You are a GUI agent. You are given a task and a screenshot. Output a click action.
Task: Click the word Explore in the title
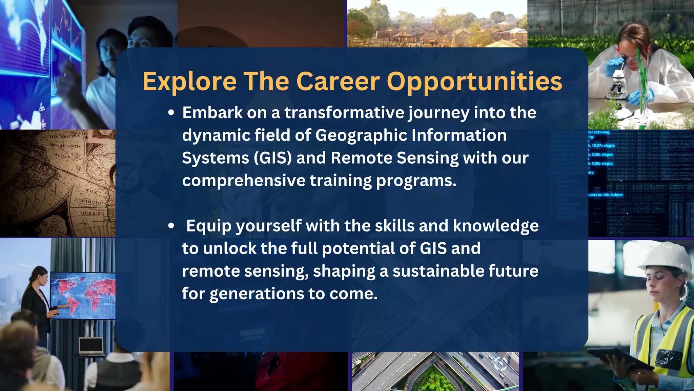(x=189, y=82)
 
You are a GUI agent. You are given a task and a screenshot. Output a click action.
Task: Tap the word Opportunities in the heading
(x=474, y=82)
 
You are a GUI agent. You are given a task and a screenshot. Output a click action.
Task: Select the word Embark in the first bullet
(x=212, y=113)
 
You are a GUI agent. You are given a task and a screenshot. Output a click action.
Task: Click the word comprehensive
(x=244, y=181)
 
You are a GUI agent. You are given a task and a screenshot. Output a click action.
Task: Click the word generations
(x=257, y=294)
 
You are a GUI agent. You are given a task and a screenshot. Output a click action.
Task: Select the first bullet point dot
(x=171, y=113)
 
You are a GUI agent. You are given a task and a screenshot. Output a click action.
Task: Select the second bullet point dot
(x=171, y=226)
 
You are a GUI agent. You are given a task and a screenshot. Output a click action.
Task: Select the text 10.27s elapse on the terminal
(x=603, y=146)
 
